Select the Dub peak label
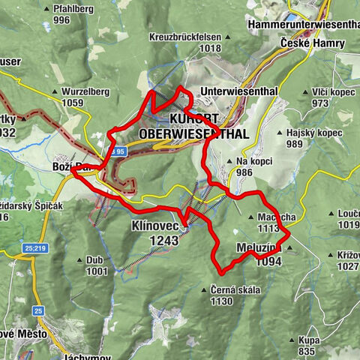click(x=94, y=260)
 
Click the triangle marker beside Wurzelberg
click(x=55, y=92)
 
